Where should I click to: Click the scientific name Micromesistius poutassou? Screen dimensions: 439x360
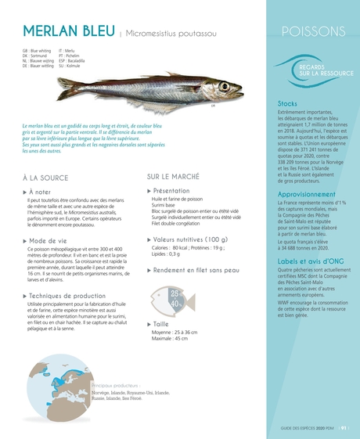click(168, 33)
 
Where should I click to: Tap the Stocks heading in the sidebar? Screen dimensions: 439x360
click(288, 103)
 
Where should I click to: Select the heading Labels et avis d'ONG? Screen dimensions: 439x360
click(310, 260)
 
